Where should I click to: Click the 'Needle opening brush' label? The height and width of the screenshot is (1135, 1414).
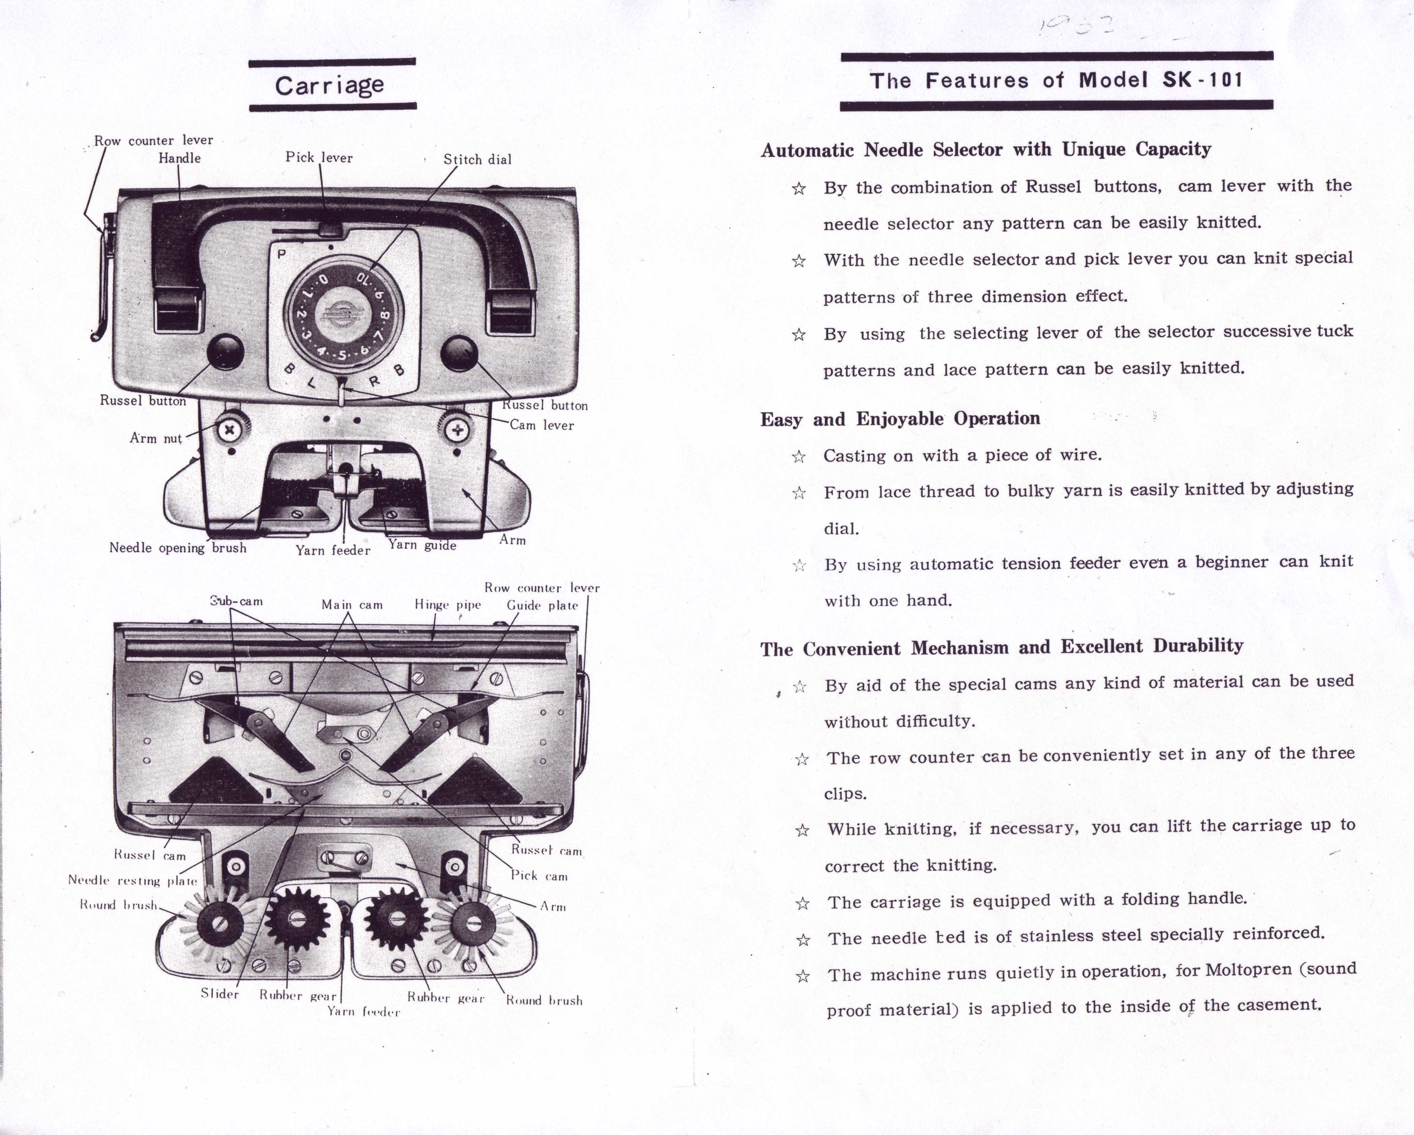(x=178, y=547)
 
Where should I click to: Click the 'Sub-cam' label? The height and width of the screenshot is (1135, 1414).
(x=236, y=601)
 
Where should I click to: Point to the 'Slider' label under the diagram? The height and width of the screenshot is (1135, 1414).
(x=220, y=993)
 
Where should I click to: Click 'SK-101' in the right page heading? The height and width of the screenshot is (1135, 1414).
(x=1202, y=80)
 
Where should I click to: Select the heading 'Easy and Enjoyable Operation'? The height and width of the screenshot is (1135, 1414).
(x=900, y=418)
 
